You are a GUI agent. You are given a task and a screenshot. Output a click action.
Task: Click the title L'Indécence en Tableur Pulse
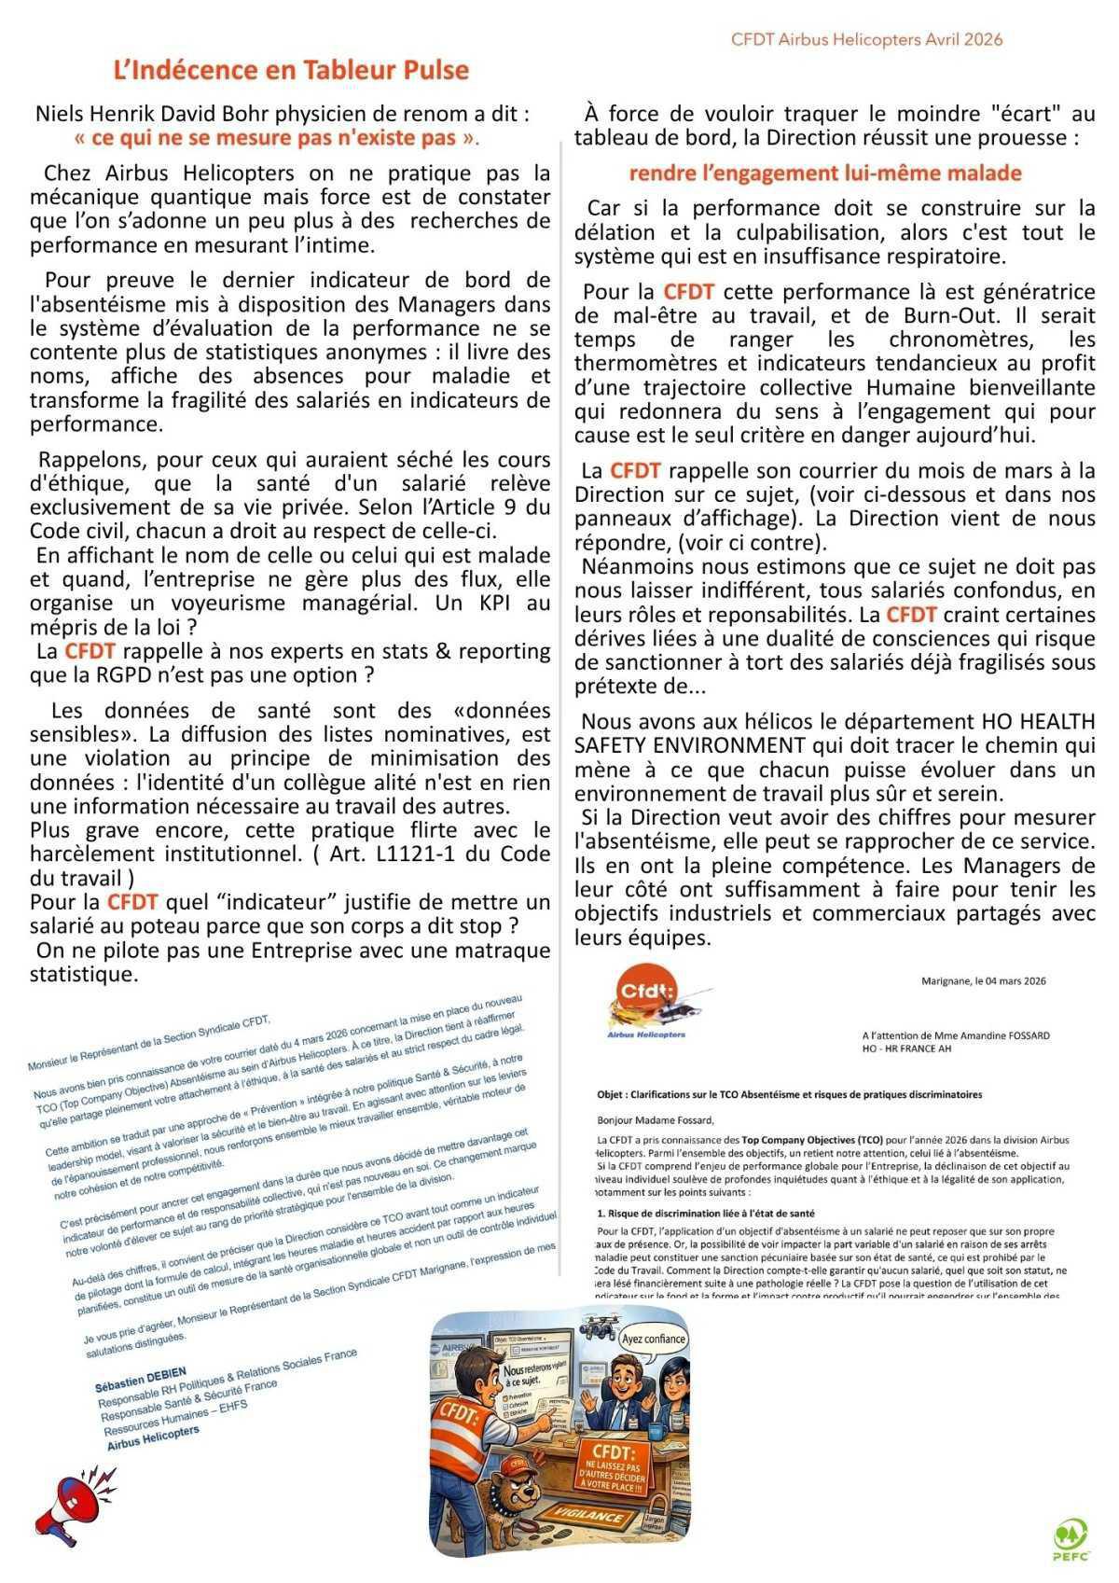(x=291, y=70)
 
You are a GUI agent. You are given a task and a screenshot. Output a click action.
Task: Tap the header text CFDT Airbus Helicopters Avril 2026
(x=867, y=39)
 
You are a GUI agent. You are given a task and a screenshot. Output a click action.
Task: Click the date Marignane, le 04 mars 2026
(x=983, y=981)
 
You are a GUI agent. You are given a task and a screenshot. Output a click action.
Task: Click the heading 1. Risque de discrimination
(x=706, y=1214)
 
